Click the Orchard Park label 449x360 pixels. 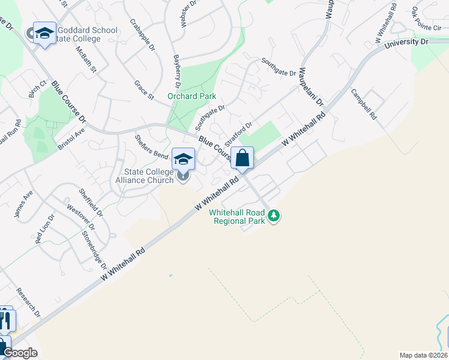pyautogui.click(x=191, y=96)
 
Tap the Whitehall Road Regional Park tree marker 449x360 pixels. pyautogui.click(x=274, y=215)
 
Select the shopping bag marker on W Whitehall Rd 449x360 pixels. pyautogui.click(x=242, y=159)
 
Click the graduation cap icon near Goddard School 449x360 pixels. pyautogui.click(x=44, y=34)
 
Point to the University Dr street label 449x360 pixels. pyautogui.click(x=406, y=43)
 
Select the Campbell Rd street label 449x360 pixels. pyautogui.click(x=363, y=103)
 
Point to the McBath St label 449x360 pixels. pyautogui.click(x=86, y=59)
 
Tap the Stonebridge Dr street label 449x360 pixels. pyautogui.click(x=94, y=250)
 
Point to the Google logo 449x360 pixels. pyautogui.click(x=19, y=353)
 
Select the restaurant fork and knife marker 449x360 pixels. pyautogui.click(x=5, y=320)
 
